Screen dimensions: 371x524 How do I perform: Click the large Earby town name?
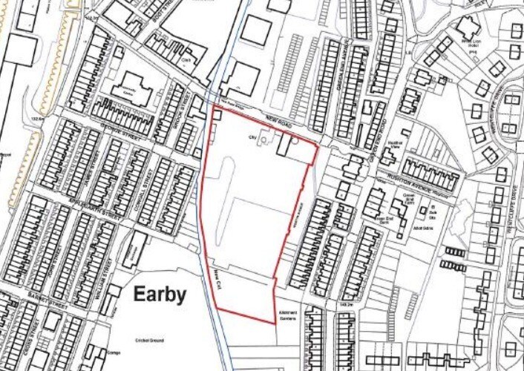159,295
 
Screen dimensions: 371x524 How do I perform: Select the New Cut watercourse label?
218,280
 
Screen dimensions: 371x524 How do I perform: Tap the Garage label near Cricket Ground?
114,352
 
